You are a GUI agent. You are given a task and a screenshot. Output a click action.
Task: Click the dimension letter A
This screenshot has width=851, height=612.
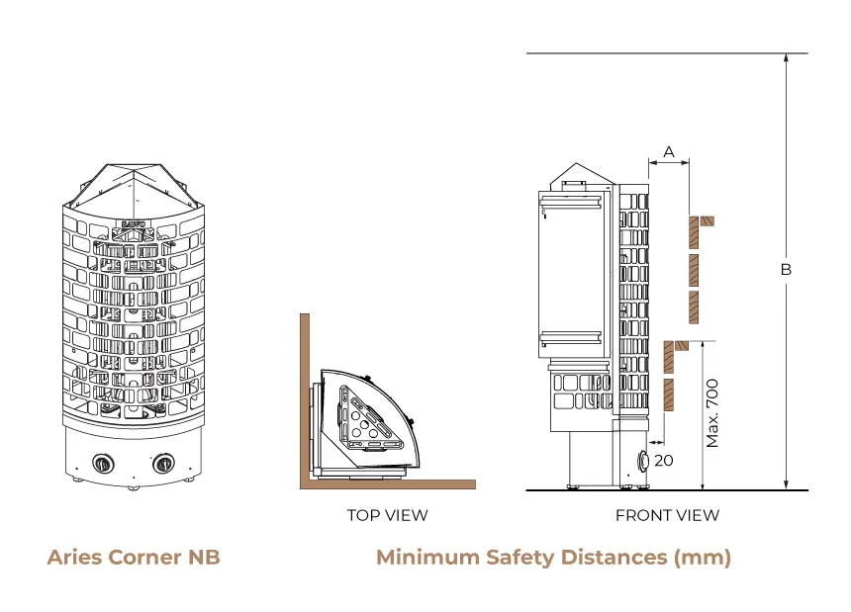(669, 152)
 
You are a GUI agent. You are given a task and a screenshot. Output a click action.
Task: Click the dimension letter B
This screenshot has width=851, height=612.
(786, 269)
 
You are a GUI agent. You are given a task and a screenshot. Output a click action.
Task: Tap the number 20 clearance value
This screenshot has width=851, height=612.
(664, 460)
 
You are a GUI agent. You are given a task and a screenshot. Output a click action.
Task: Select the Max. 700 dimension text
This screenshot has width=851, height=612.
(712, 413)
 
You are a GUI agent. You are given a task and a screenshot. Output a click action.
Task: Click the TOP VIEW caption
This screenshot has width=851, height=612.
(388, 515)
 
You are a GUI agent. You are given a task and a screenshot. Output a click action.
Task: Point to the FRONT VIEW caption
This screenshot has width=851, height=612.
(667, 515)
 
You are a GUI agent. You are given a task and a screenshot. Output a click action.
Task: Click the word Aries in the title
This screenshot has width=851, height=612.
(75, 558)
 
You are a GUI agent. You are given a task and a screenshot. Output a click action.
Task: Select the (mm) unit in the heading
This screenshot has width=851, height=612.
(703, 558)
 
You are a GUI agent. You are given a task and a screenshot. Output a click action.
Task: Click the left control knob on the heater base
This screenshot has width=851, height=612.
(102, 464)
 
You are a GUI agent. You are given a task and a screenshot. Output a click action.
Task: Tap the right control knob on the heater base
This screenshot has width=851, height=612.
(162, 464)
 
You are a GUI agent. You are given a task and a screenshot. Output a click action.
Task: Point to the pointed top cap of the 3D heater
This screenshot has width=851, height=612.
(133, 188)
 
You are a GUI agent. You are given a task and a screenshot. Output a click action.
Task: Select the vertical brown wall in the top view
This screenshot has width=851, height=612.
(305, 401)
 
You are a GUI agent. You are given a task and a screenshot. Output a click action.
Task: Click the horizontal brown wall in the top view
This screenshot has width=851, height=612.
(388, 484)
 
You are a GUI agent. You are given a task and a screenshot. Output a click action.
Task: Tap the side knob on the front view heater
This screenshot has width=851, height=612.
(643, 460)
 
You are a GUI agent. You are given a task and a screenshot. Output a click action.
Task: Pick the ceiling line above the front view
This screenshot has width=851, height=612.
(667, 53)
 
